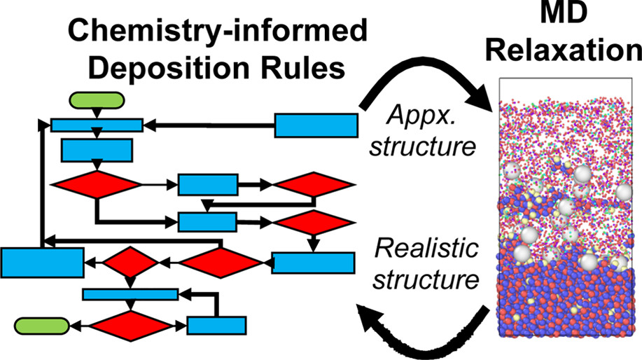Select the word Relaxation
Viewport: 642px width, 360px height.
pyautogui.click(x=573, y=52)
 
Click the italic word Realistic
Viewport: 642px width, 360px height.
pyautogui.click(x=425, y=249)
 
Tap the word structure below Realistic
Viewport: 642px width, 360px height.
pyautogui.click(x=425, y=279)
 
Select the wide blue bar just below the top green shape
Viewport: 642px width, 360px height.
pyautogui.click(x=97, y=125)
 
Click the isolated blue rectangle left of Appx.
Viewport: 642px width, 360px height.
pyautogui.click(x=315, y=125)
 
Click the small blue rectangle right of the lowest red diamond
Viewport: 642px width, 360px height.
pyautogui.click(x=216, y=326)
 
